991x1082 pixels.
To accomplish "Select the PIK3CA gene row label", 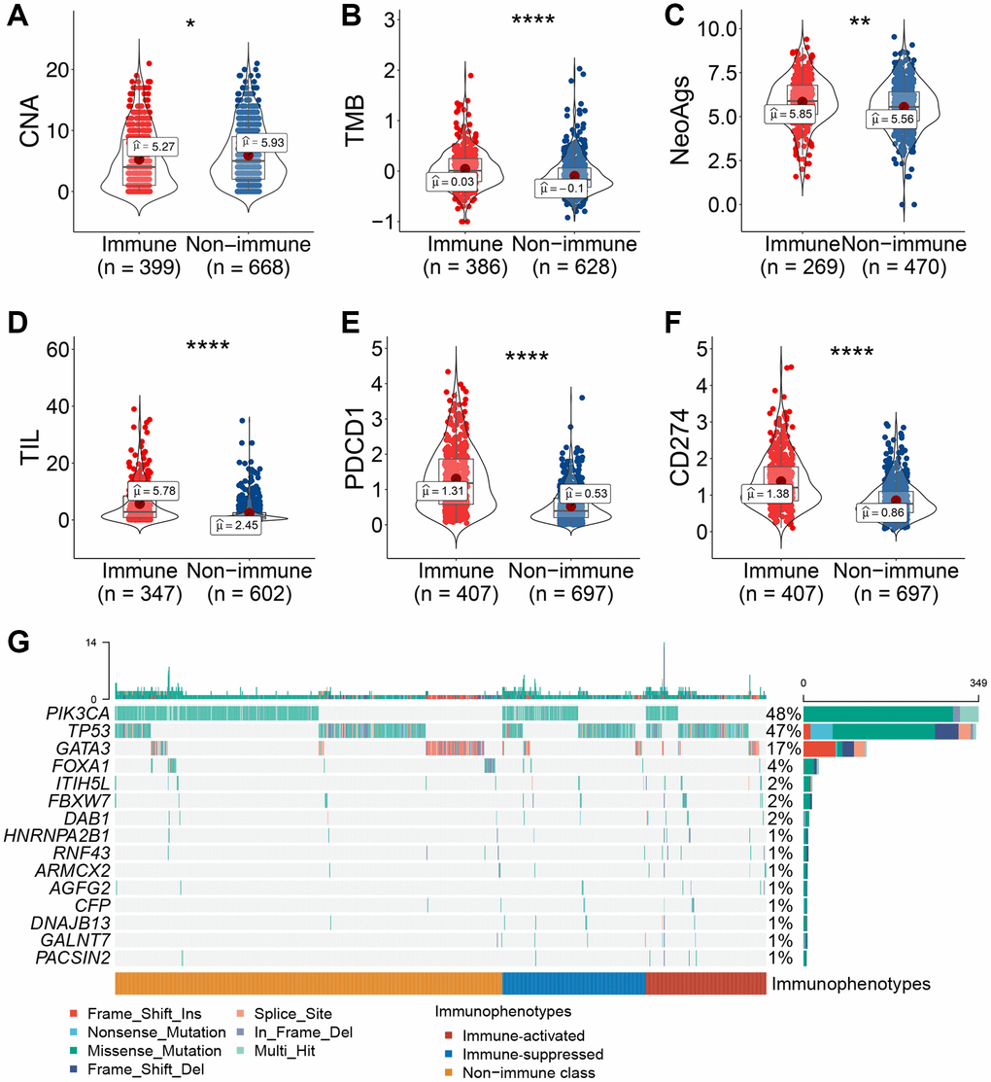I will point(79,715).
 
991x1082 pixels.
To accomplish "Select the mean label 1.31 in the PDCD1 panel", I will point(440,491).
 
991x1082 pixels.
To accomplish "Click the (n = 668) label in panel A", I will point(249,267).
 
